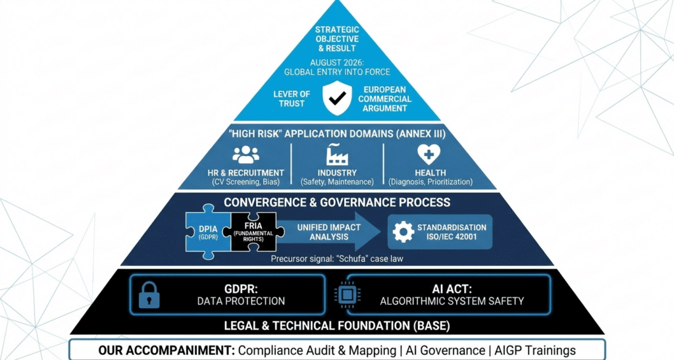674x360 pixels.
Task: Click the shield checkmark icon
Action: [337, 98]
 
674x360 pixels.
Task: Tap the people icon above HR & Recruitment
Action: [246, 155]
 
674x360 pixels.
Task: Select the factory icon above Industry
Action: [337, 154]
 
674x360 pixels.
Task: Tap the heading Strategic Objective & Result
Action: [337, 39]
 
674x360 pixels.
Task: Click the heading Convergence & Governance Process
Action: [337, 202]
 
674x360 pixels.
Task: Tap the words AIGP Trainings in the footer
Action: [546, 350]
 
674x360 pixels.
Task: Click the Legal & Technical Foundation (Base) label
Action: [337, 324]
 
